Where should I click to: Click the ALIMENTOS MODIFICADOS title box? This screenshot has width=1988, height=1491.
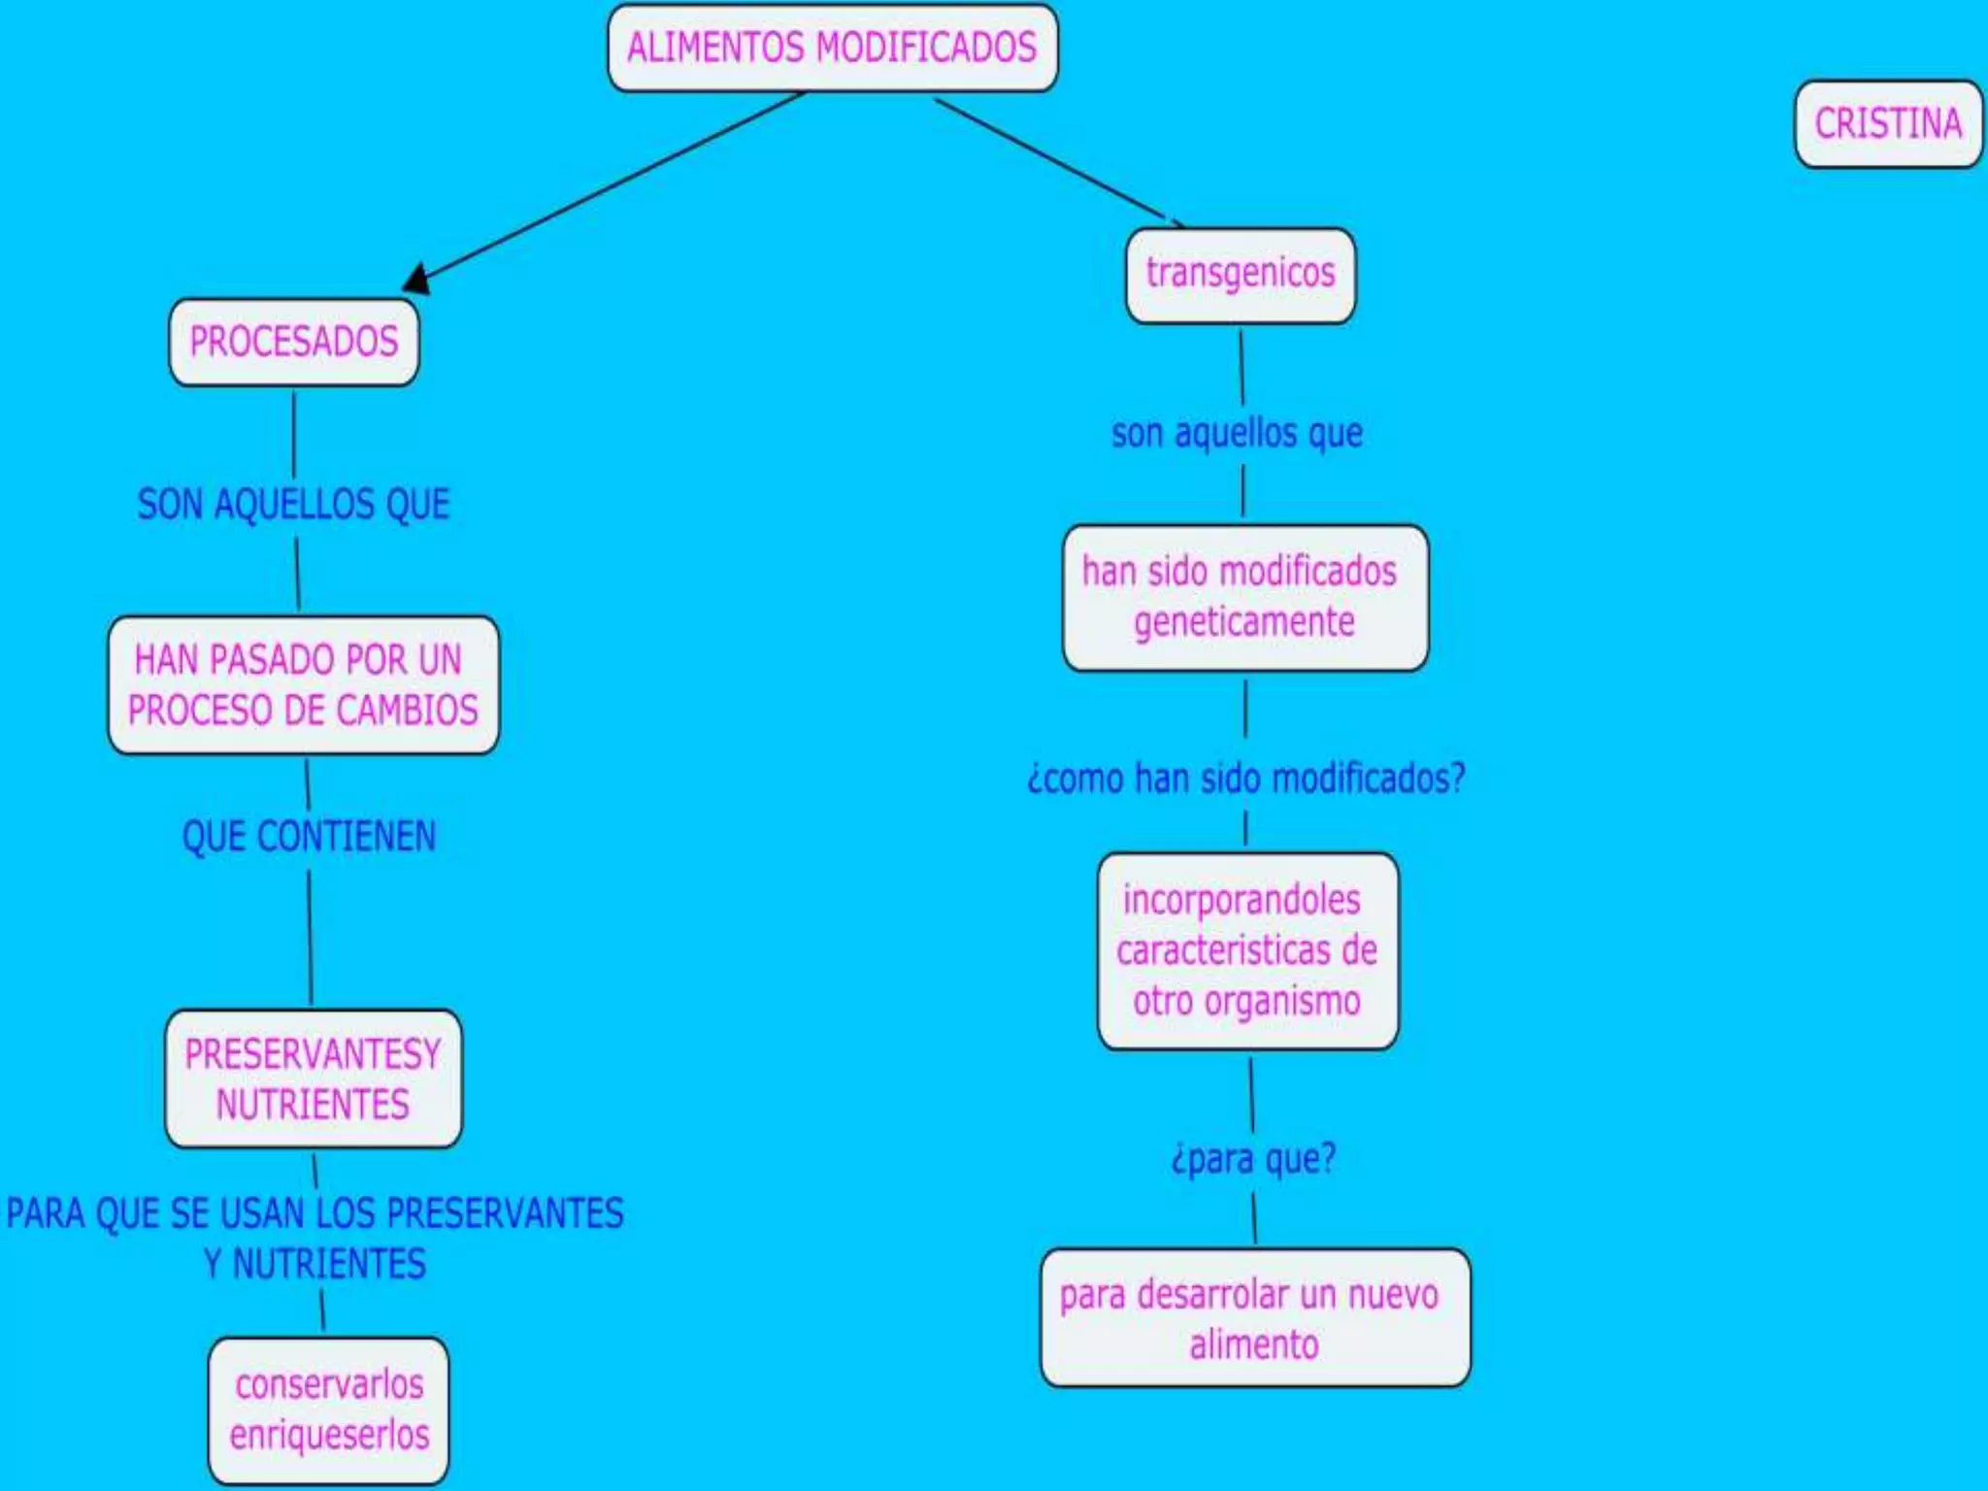[832, 49]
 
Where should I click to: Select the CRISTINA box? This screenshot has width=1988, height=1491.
[1887, 124]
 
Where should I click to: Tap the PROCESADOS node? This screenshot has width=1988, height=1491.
[294, 342]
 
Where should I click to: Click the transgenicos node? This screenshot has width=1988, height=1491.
[1240, 275]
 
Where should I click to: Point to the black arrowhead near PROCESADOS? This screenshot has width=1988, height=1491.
[416, 280]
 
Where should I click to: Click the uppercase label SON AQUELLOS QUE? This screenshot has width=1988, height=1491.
[293, 505]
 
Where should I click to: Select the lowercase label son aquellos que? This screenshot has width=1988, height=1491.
[1237, 433]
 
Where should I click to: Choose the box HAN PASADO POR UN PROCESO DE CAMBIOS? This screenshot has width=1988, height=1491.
[303, 685]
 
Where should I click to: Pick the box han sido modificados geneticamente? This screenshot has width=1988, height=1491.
[1244, 598]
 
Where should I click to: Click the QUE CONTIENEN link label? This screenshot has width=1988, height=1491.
[309, 837]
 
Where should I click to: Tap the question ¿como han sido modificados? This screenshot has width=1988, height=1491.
[1245, 779]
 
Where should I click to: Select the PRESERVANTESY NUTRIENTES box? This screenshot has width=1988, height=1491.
[313, 1079]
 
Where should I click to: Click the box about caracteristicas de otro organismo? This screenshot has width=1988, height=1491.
[1247, 951]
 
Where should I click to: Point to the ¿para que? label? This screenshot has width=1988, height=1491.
[1253, 1159]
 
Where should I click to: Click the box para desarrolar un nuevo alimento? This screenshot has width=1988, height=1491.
[1254, 1318]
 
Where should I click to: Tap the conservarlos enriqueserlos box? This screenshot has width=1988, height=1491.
[328, 1409]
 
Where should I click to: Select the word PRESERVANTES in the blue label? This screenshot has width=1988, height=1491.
[505, 1213]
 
